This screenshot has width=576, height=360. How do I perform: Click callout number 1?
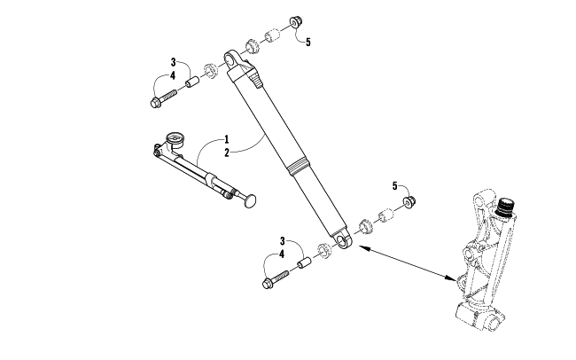[227, 139]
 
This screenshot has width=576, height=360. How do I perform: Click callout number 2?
[227, 153]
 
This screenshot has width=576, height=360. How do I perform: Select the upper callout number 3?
[173, 62]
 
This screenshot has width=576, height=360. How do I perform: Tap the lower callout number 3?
[282, 241]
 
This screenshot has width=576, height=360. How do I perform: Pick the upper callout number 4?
[173, 75]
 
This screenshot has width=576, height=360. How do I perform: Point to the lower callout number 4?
[282, 254]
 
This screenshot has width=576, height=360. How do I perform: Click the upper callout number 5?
[307, 43]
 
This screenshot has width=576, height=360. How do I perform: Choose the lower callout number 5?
[395, 186]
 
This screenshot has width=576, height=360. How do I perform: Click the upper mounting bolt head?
[155, 103]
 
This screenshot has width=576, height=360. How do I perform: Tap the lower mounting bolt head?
[268, 284]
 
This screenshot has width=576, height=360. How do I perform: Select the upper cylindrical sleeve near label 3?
[191, 82]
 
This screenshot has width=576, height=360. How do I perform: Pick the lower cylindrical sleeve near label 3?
[304, 263]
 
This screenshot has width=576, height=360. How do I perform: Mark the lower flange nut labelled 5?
[409, 201]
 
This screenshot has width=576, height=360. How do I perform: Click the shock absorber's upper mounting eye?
[230, 58]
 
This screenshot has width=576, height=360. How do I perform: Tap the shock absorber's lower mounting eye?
[344, 240]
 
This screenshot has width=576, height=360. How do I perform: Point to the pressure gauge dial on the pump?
[173, 139]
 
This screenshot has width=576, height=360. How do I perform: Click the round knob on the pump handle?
[250, 201]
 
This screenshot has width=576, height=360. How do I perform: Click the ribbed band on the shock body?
[296, 168]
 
